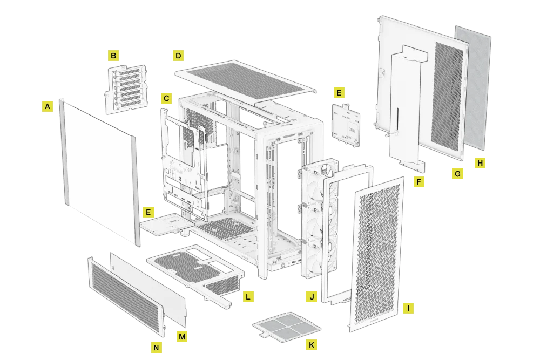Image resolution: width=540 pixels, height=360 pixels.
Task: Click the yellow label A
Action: coord(48,106)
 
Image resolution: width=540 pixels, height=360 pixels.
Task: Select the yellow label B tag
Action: coord(113,55)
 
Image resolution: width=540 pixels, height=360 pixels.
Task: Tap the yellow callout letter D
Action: coord(178,55)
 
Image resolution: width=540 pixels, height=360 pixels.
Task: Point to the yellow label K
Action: coord(311,344)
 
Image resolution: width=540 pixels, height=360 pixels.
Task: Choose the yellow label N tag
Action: coord(156,348)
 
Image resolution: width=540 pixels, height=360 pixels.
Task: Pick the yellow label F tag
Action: coord(418,182)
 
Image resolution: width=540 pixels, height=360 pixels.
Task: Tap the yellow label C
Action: coord(166,98)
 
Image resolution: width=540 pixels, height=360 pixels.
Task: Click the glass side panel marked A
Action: coord(97,167)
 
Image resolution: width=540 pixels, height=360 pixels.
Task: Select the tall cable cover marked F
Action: coord(406,108)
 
